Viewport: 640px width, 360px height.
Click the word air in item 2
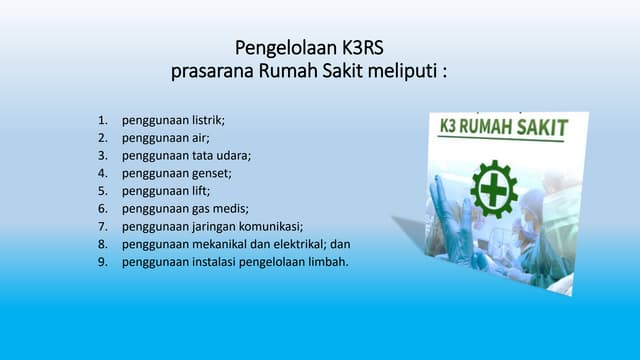click(x=200, y=138)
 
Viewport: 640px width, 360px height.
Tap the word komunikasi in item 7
click(x=267, y=226)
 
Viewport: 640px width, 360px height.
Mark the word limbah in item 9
click(x=327, y=261)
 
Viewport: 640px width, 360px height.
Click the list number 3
click(x=102, y=155)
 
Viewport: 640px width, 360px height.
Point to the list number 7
click(x=102, y=226)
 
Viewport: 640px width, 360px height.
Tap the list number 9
click(x=102, y=261)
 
